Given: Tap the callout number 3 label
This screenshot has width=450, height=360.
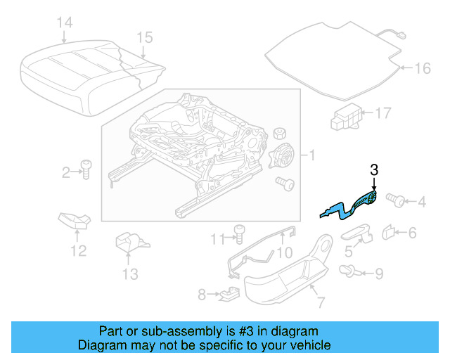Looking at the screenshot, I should point(373,169).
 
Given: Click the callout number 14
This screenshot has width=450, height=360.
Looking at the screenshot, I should point(64,23).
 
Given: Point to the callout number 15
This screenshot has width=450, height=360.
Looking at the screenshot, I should point(144,37).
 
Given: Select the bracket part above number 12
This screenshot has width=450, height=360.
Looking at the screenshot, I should point(75,221).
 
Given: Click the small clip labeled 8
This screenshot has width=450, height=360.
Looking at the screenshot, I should point(227,293).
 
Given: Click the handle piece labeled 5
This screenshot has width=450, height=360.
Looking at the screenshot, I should point(358,232).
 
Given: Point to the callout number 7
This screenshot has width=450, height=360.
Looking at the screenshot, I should point(320,303).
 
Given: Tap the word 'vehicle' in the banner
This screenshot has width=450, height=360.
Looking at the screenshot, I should point(309,345).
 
